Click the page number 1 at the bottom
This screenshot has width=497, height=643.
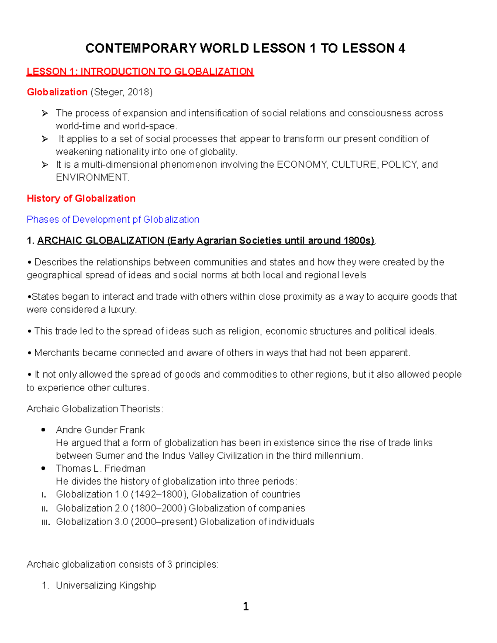(246, 607)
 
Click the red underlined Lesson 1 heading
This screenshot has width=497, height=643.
(140, 72)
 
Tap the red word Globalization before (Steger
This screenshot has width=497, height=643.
(57, 92)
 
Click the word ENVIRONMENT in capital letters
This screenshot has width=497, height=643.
(92, 178)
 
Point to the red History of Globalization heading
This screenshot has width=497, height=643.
(81, 198)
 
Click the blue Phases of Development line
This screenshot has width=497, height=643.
(113, 219)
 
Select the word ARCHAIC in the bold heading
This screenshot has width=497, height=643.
(58, 241)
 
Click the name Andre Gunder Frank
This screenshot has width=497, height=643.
(100, 430)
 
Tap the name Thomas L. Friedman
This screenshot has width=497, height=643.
(101, 468)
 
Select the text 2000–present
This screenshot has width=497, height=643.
(164, 522)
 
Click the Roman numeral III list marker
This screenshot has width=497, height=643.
(46, 523)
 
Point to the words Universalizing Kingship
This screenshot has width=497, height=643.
(106, 585)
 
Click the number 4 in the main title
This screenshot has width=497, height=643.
(401, 48)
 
